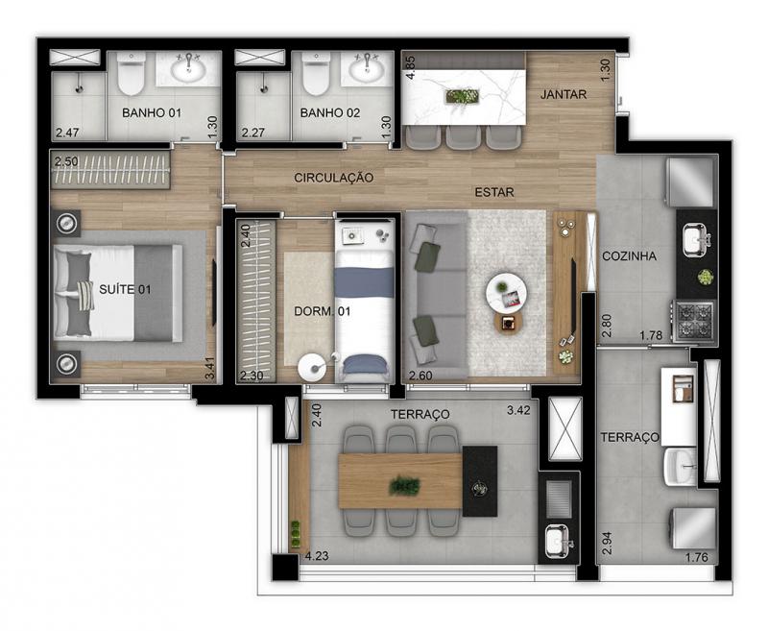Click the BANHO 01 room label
point(152,112)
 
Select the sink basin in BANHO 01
point(188,69)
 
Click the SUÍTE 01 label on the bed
point(125,289)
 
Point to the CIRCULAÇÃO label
point(333,178)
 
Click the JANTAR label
point(564,94)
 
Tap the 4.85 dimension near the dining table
point(411,67)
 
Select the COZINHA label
point(629,255)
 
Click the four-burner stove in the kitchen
point(694,321)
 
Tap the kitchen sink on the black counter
point(697,240)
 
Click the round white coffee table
point(506,292)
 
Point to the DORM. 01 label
point(323,311)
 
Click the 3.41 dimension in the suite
point(209,369)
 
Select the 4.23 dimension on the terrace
point(317,556)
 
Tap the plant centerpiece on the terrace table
point(404,486)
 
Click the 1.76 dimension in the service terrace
point(697,557)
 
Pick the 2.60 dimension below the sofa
point(420,376)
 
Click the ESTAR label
point(494,192)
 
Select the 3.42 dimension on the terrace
point(518,410)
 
